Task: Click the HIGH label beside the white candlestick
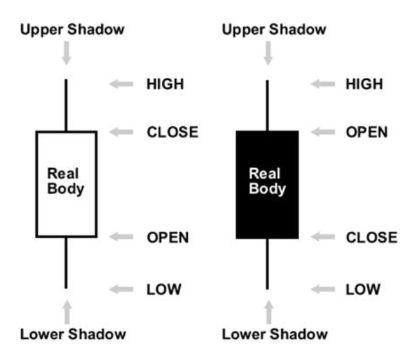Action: pos(165,83)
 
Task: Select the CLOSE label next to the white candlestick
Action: pos(172,133)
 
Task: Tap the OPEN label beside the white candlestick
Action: pos(168,237)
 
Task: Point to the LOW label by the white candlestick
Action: pos(163,289)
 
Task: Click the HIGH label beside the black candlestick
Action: pos(364,83)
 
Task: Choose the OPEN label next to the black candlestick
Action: pos(367,133)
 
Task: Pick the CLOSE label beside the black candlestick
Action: pos(372,237)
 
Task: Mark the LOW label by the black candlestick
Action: pos(363,289)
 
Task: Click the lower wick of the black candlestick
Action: pos(267,264)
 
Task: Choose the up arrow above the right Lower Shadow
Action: pos(268,312)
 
